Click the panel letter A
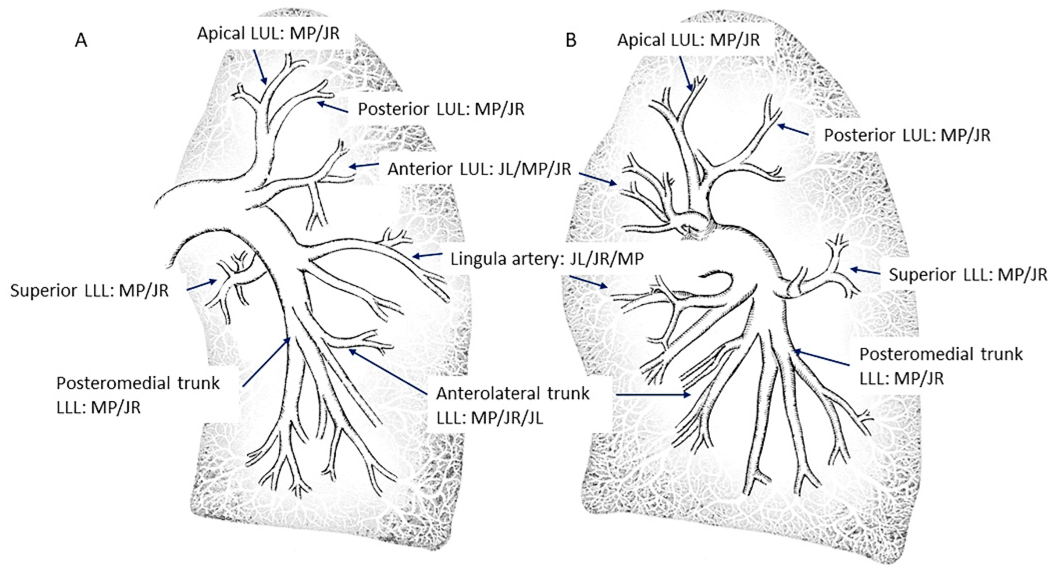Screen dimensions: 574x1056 [x=81, y=41]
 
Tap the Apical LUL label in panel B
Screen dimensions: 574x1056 [x=689, y=40]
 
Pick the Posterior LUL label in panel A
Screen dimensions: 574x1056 [x=441, y=109]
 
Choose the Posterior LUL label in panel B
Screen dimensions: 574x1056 [x=907, y=135]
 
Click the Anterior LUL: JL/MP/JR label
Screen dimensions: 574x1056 [x=479, y=169]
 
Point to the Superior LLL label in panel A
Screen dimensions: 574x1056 [x=89, y=290]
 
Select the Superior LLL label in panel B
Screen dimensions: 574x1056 [x=968, y=274]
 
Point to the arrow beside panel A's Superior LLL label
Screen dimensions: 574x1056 [x=202, y=285]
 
